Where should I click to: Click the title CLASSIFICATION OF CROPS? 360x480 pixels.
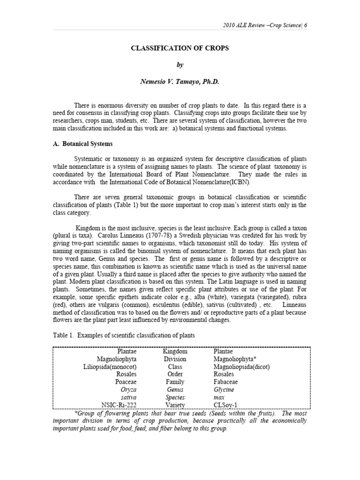(x=180, y=48)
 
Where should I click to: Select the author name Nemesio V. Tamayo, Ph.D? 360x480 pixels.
(x=180, y=82)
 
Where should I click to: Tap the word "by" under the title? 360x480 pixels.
(x=180, y=65)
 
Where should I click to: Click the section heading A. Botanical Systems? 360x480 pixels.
(x=82, y=143)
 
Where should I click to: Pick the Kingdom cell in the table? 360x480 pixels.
(x=175, y=351)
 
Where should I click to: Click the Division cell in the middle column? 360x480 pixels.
(x=175, y=359)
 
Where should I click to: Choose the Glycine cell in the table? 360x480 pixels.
(x=224, y=389)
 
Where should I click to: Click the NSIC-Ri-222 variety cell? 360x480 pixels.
(x=118, y=405)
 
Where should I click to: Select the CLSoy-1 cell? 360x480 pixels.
(x=227, y=405)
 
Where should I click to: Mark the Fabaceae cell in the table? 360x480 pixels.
(x=227, y=382)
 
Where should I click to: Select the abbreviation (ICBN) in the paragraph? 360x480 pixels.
(x=239, y=182)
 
